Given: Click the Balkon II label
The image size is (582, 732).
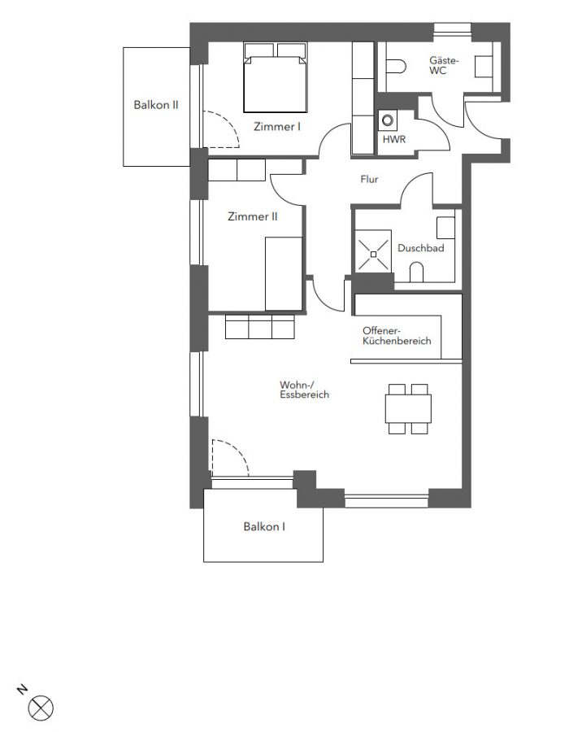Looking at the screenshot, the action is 156,105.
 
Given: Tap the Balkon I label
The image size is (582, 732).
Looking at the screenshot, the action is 264,526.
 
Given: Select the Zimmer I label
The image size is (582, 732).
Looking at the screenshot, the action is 276,127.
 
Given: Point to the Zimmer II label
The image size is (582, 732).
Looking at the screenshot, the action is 253,216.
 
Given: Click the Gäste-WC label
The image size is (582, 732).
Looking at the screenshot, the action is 445,65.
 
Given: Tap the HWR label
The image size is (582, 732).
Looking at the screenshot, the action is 394,139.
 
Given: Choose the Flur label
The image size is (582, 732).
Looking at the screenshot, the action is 369,179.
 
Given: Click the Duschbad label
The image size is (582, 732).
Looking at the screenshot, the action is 420,248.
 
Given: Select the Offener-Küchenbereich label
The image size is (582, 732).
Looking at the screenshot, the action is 397,336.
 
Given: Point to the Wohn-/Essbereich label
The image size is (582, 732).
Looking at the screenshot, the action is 304,390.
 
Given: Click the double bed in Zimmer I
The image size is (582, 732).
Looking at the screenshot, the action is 276,77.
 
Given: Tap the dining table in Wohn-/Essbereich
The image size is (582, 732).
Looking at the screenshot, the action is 408,409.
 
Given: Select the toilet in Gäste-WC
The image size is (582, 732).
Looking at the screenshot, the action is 396,67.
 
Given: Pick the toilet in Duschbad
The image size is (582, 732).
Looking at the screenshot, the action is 416,272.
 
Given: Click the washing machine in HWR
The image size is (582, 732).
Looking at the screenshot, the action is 388,121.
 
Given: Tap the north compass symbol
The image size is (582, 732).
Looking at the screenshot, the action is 41,708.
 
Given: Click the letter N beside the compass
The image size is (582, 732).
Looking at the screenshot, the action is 22,690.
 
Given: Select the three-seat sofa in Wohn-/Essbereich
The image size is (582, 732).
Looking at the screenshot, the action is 260,327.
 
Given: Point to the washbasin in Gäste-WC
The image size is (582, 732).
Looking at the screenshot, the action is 484,67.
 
